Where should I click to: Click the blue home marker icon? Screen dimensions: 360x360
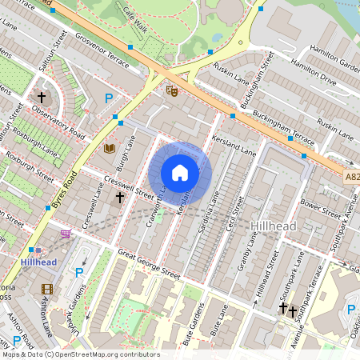point(180,173)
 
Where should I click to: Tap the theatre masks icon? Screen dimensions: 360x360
point(170,90)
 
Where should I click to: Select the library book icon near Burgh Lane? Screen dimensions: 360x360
point(110,148)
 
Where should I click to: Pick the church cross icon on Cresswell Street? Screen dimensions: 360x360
point(120,197)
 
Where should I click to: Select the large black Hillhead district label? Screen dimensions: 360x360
point(274,226)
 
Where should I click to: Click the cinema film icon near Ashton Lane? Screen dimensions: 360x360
point(47,289)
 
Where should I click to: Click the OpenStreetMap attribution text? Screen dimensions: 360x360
point(80,354)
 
